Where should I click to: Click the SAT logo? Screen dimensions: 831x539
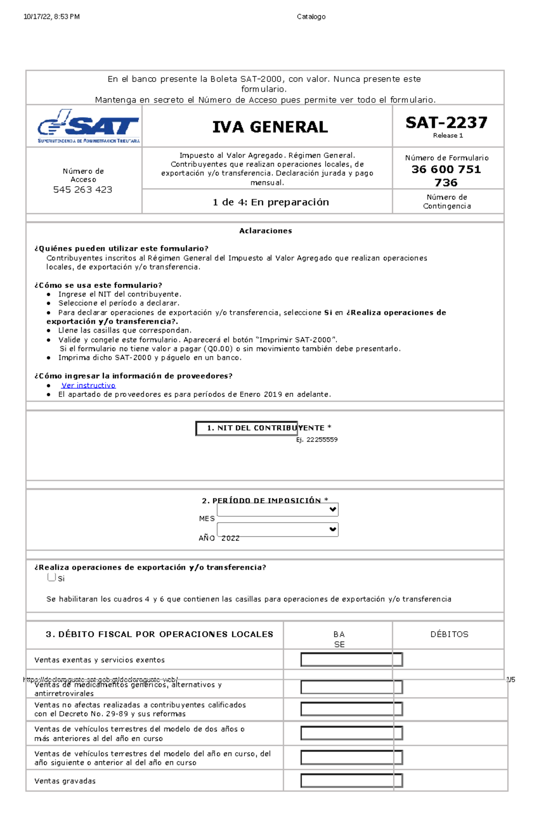88,126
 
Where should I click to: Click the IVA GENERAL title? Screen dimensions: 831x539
270,127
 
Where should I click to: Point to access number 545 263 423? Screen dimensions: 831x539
83,189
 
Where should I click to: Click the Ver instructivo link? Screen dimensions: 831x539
88,385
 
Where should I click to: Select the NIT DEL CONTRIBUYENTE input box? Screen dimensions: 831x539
246,428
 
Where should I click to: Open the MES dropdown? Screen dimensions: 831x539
277,510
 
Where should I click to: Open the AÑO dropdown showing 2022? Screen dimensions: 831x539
277,529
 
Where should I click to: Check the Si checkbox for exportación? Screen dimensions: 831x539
52,577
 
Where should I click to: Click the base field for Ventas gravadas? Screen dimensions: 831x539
351,780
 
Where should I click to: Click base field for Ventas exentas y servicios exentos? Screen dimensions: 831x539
351,660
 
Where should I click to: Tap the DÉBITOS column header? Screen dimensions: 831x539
449,634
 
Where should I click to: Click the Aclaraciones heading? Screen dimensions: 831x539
265,231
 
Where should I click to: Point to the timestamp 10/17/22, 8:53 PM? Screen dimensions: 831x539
52,17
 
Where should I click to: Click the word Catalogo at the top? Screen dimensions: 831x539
311,17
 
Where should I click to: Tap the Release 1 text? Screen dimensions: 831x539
448,135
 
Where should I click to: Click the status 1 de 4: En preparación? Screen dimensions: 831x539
270,202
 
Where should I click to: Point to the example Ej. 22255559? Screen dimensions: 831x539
317,440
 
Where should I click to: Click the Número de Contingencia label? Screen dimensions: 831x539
447,202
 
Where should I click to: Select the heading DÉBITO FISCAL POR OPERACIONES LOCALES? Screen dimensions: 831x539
159,634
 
